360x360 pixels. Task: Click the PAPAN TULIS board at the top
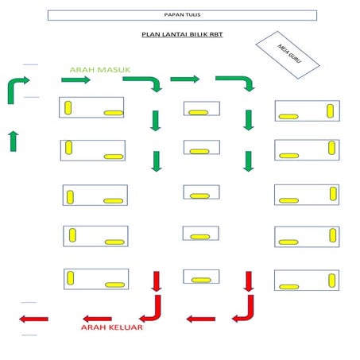[x=181, y=15]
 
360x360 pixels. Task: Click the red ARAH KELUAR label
[x=110, y=327]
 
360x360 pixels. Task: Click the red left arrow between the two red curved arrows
[x=200, y=319]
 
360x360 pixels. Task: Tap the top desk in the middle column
[x=201, y=109]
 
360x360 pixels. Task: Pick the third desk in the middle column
[x=201, y=192]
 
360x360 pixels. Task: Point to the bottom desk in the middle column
[x=201, y=276]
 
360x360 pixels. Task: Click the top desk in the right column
[x=307, y=110]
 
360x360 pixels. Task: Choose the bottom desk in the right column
[x=307, y=280]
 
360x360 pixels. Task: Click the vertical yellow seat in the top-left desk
[x=68, y=106]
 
